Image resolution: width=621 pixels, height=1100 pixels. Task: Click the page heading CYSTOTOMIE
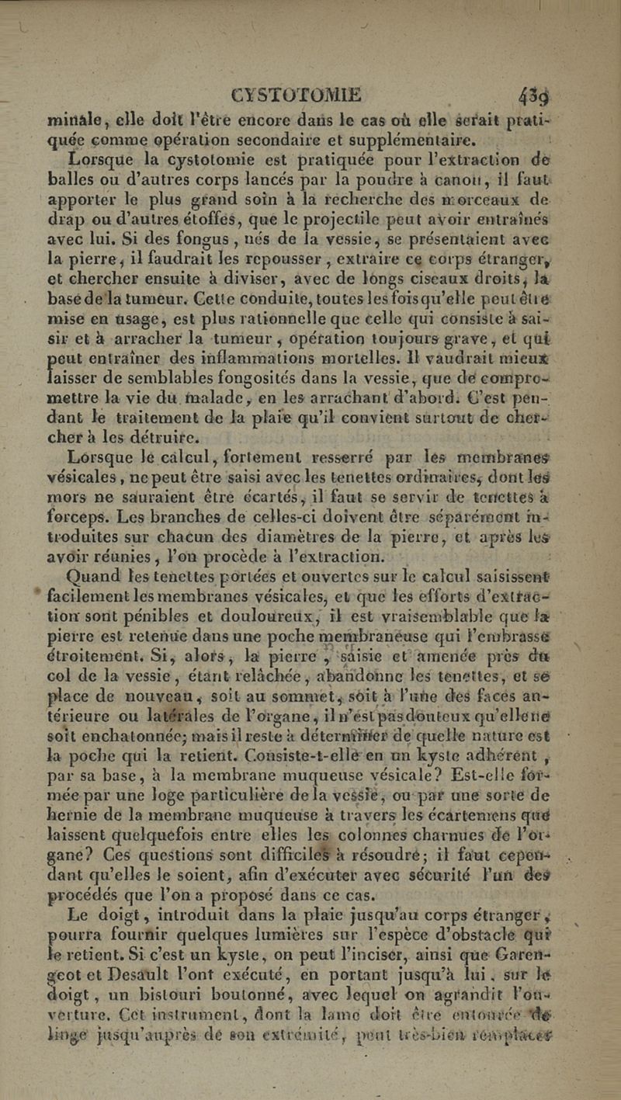pyautogui.click(x=296, y=95)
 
